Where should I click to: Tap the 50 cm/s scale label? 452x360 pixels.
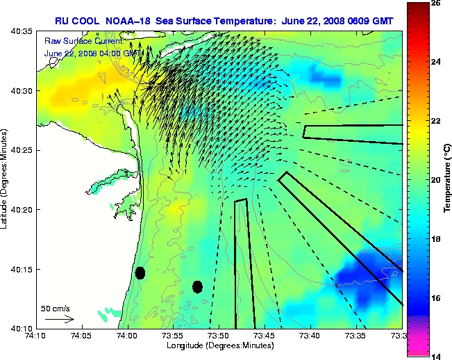(56, 308)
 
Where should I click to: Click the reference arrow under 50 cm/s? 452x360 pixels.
(59, 319)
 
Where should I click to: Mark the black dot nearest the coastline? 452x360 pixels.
(140, 272)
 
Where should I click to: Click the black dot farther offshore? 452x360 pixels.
(198, 286)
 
